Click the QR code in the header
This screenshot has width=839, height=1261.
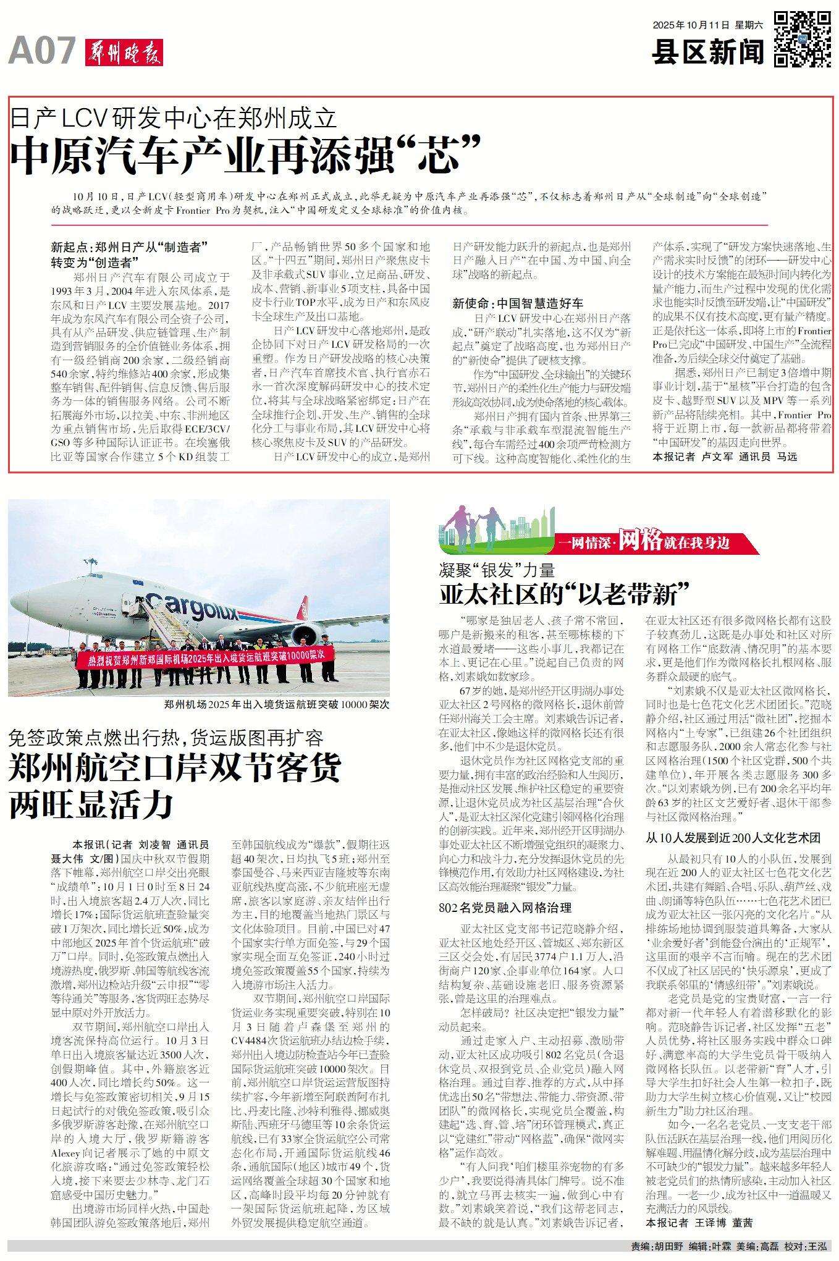803,38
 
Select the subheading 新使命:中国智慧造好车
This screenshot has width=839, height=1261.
518,303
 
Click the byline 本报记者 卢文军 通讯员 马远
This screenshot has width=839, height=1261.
725,457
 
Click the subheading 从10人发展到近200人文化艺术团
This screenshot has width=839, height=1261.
733,838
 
